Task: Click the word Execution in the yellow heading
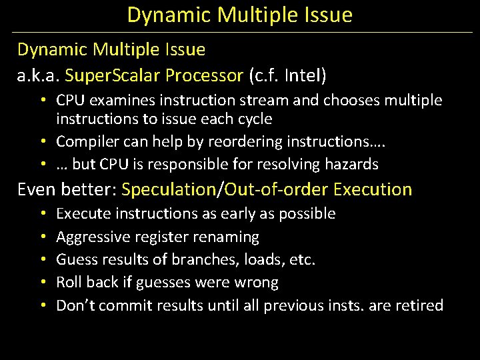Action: coord(373,189)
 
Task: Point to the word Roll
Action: coord(68,282)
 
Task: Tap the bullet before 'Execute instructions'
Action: coord(42,214)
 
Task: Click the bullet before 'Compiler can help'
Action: coord(42,141)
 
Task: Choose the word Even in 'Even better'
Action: coord(37,189)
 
